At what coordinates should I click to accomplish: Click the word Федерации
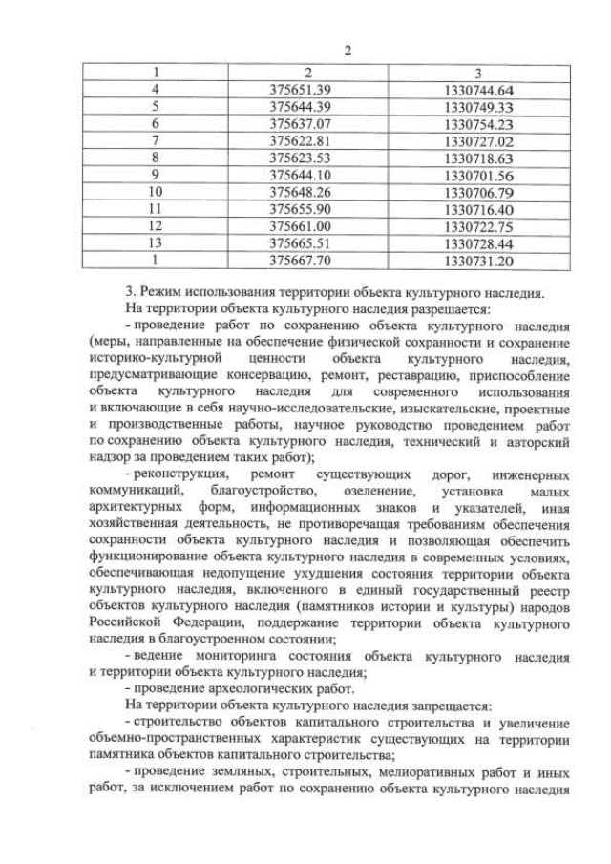(180, 622)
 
